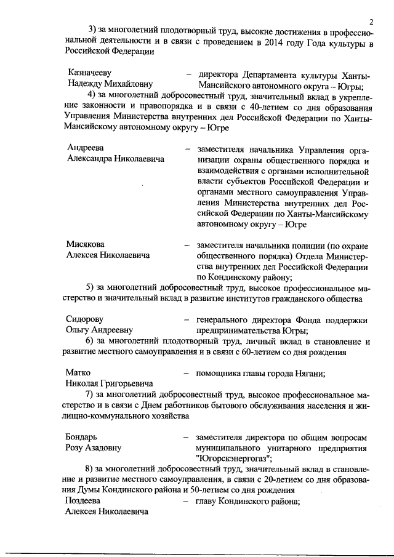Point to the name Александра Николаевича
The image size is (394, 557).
(116, 159)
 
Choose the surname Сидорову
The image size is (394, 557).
(86, 320)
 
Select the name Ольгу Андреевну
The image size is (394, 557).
(99, 331)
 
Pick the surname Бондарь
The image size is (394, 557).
(82, 436)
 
